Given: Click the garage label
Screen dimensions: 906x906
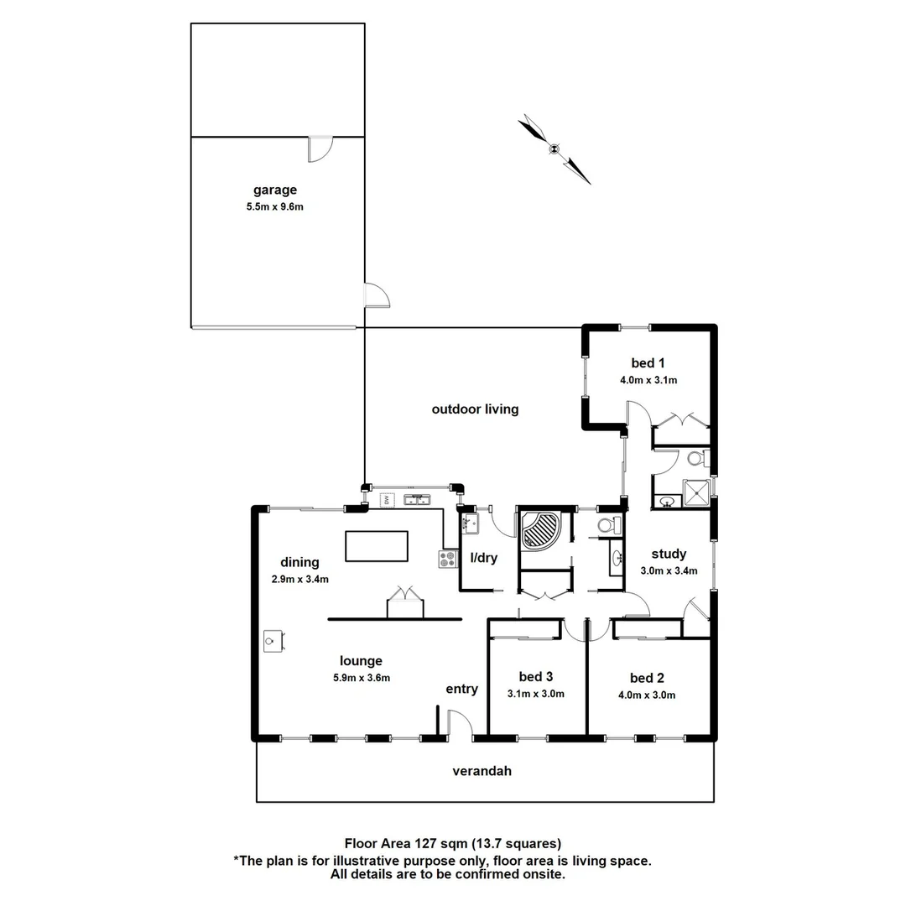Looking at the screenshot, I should pos(275,190).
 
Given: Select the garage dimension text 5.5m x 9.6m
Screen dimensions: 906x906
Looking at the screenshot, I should pos(275,206).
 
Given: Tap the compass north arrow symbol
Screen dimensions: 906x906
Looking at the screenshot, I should pos(554,149).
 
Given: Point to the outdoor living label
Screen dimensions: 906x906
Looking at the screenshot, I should pos(475,409).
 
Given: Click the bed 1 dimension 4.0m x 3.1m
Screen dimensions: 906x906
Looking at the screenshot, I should pos(648,380).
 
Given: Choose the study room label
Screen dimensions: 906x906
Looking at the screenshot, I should pos(669,554).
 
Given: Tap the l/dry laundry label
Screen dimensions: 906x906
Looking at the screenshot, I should pos(484,557).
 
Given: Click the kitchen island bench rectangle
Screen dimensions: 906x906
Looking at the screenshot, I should pos(377,546).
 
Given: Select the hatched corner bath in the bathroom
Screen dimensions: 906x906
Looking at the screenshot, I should pos(543,530).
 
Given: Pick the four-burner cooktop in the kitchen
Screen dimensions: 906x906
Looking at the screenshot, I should pos(446,559).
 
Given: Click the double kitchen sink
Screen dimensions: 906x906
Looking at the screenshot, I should pos(416,501).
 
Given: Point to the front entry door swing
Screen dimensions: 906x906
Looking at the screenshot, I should pos(459,723).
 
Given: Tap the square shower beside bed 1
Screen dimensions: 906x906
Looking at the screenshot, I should pos(695,493).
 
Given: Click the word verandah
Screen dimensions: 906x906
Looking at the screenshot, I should pos(482,771).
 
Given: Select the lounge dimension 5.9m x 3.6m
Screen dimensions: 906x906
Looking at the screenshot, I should pos(362,678).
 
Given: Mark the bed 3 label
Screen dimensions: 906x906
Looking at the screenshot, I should pos(535,676).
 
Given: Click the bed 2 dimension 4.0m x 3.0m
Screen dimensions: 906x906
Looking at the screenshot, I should pos(647,695).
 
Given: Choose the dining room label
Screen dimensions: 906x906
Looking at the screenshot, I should pos(299,562).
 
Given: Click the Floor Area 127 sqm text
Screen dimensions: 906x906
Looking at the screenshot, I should pos(453,843).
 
